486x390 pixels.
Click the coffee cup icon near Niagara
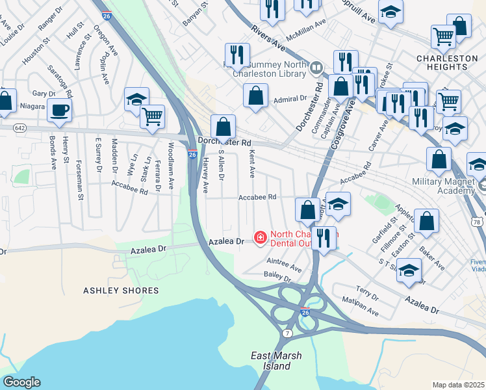click(x=60, y=110)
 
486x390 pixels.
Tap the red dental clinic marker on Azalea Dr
click(x=260, y=239)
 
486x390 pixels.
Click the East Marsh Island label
click(x=272, y=361)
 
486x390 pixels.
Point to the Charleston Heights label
click(x=447, y=63)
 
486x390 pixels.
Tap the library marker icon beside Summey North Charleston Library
click(x=316, y=67)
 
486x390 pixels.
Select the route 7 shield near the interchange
click(x=288, y=333)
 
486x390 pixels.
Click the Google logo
click(x=21, y=382)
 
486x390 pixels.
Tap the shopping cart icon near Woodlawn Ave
click(x=152, y=117)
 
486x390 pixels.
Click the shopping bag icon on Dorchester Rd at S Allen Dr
click(x=223, y=126)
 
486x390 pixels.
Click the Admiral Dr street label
click(x=290, y=99)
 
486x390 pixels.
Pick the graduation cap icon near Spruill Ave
click(x=390, y=12)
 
